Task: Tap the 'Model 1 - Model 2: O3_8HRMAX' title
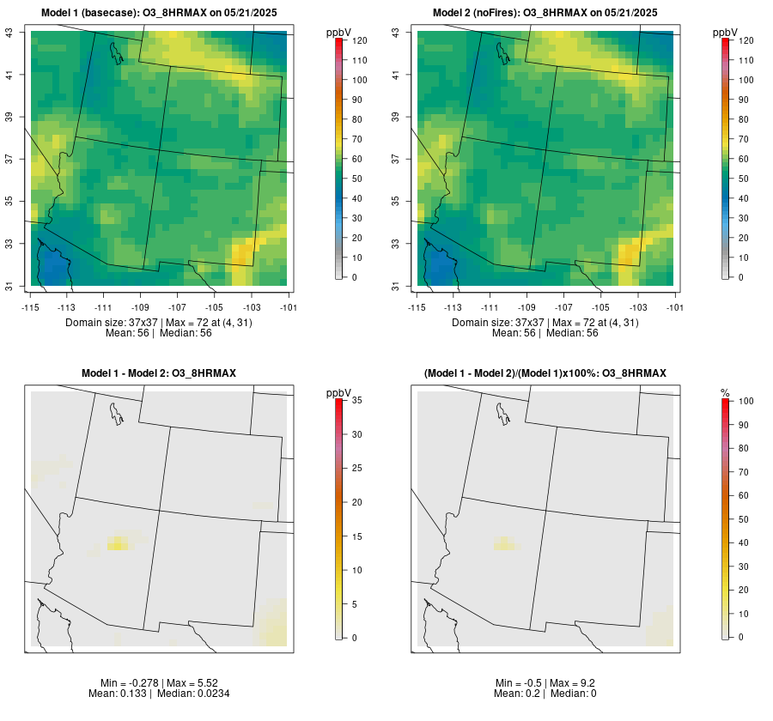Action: (159, 373)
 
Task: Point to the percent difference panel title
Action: (545, 373)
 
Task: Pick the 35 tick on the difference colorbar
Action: (356, 401)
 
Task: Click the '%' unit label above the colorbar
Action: (725, 392)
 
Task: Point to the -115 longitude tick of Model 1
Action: (31, 306)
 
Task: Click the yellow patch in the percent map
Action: (507, 543)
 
